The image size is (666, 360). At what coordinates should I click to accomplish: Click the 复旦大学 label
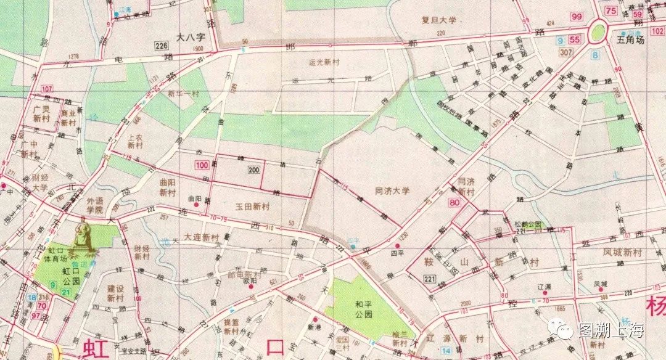(440, 20)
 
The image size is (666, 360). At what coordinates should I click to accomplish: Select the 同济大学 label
(392, 191)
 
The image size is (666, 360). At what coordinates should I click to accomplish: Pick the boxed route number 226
(162, 46)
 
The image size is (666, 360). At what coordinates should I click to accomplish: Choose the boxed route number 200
(253, 170)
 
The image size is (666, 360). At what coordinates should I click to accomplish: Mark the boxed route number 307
(566, 54)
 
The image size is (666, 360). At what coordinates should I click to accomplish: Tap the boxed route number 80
(456, 203)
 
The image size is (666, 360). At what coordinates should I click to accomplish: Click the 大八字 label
(190, 37)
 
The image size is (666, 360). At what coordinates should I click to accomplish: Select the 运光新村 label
(324, 62)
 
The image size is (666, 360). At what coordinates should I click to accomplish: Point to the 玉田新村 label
(252, 207)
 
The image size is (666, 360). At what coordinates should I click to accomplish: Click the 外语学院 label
(94, 205)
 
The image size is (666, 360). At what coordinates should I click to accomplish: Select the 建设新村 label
(115, 293)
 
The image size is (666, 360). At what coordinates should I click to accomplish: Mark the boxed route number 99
(577, 17)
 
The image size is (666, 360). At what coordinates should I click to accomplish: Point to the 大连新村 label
(202, 237)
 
